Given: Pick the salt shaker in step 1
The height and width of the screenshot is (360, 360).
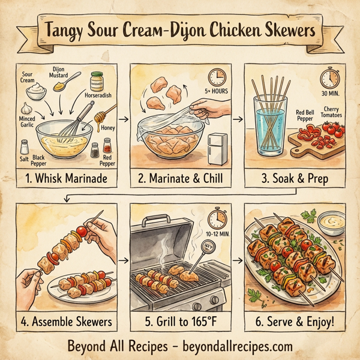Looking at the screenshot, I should [x=25, y=146].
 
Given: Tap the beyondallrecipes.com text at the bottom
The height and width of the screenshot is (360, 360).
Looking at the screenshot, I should [x=238, y=346].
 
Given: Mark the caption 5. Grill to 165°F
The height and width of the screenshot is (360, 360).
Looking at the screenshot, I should [x=181, y=322].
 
